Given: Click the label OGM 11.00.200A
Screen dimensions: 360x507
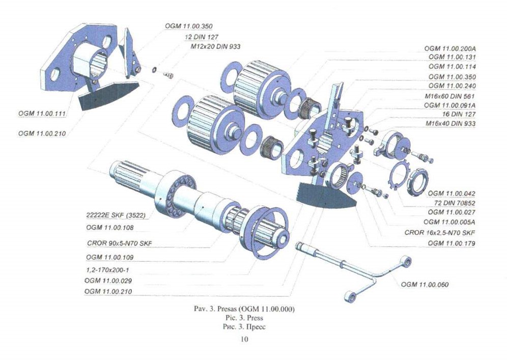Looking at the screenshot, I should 453,48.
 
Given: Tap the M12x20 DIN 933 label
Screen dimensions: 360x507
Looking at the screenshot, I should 213,46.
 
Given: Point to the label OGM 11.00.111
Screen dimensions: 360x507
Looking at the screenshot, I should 43,111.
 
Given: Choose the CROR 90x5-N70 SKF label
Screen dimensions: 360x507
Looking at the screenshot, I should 120,243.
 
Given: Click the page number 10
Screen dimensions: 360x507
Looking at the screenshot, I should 244,340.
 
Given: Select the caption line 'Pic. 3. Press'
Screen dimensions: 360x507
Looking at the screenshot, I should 245,318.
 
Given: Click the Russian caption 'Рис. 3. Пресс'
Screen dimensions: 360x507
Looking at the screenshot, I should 245,326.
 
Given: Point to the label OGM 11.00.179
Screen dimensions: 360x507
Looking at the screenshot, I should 452,243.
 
